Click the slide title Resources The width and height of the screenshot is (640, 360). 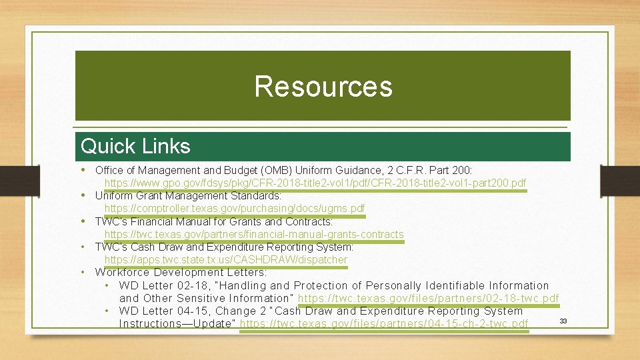pos(323,87)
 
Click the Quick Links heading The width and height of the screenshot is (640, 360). pos(135,146)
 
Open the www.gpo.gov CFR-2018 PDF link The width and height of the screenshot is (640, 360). pos(315,183)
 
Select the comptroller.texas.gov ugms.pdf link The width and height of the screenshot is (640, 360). pos(234,209)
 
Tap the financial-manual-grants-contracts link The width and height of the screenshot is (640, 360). pos(253,234)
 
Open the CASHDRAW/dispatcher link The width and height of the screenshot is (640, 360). pos(225,259)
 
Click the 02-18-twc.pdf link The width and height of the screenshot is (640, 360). pos(428,298)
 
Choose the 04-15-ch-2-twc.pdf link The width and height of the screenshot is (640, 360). pos(383,324)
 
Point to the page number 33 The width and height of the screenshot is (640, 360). pos(563,321)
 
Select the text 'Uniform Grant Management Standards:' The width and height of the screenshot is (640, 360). pos(188,196)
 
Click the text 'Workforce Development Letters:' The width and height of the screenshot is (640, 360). pos(181,272)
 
